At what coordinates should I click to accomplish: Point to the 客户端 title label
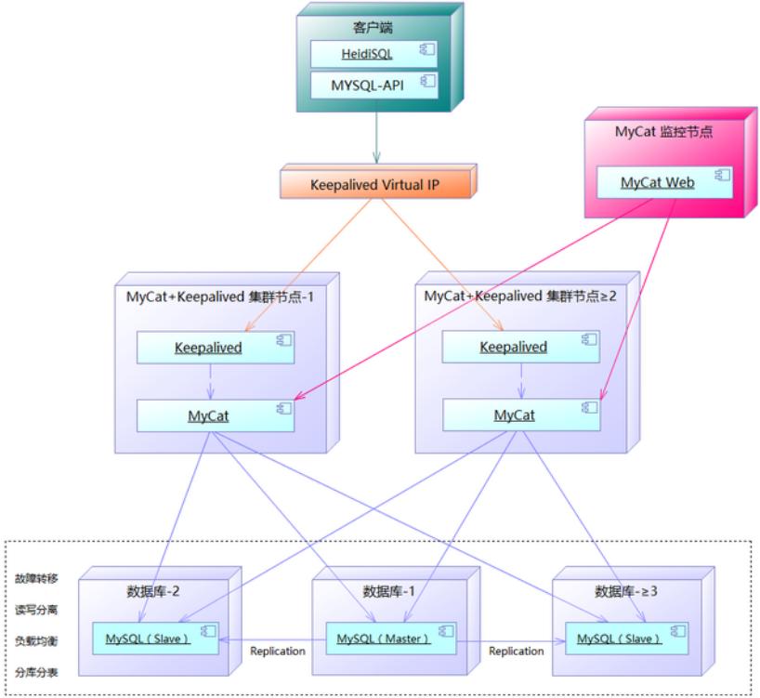point(375,25)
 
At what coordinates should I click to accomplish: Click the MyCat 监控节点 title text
point(663,132)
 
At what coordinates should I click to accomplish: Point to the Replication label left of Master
point(278,652)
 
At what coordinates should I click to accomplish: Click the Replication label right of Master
point(517,652)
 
